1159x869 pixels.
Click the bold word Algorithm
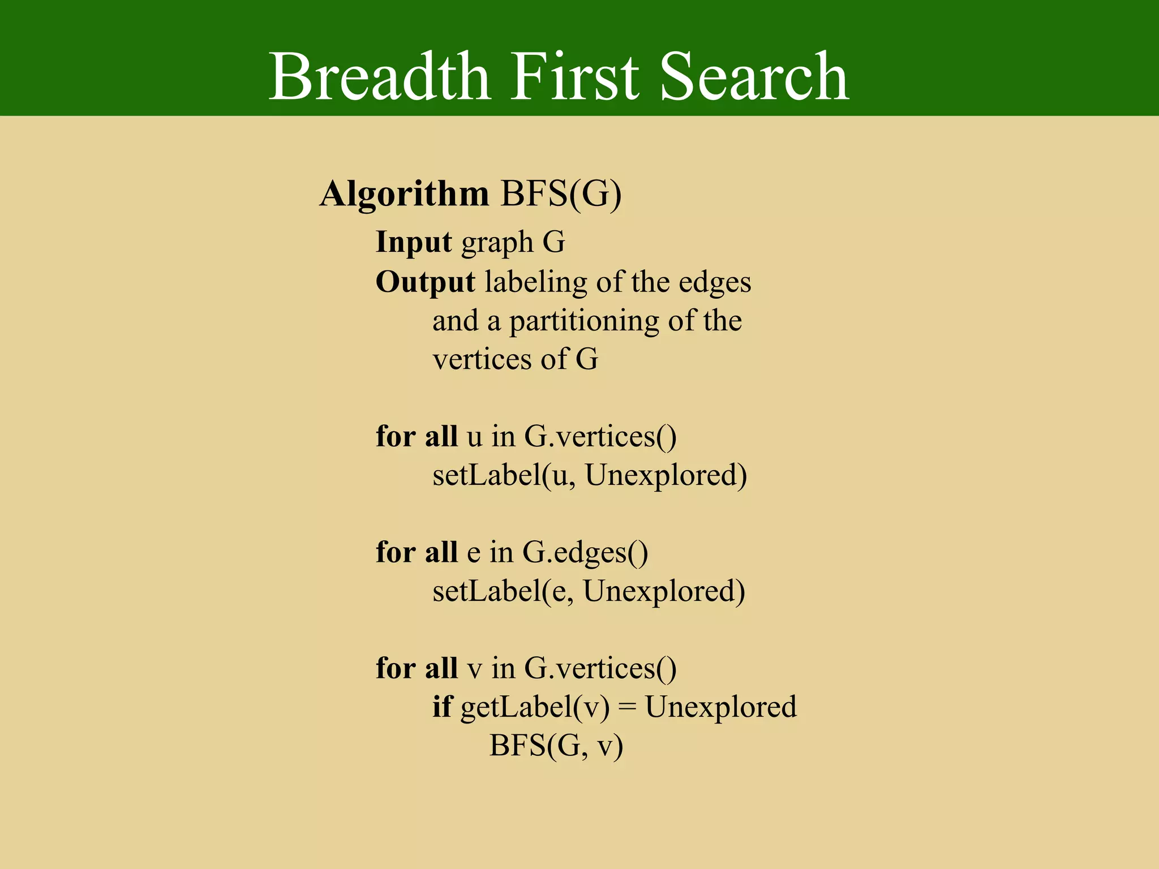[x=404, y=195]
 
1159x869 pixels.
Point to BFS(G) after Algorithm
[x=561, y=195]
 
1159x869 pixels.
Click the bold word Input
[x=413, y=243]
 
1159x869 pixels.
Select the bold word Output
[x=425, y=282]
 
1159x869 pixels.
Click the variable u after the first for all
[x=474, y=437]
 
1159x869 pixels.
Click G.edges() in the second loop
[x=585, y=553]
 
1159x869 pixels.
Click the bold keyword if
[x=441, y=707]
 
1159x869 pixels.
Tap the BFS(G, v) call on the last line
[x=556, y=746]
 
